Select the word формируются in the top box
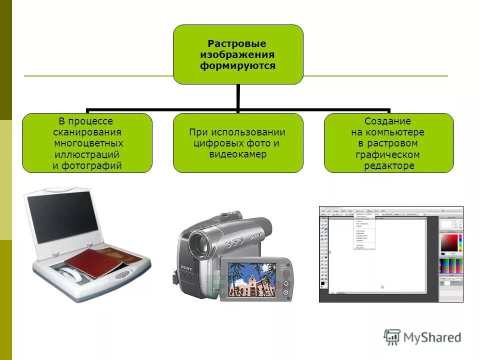click(x=238, y=65)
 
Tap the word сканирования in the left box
click(x=87, y=132)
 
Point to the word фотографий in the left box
click(x=87, y=165)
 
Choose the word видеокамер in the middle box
click(x=238, y=154)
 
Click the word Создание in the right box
click(x=388, y=121)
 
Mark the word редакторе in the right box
click(x=389, y=165)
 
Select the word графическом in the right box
click(x=388, y=154)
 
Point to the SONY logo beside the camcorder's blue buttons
click(x=256, y=235)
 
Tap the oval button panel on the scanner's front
click(x=121, y=274)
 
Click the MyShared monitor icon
click(x=392, y=336)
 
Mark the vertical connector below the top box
click(x=238, y=97)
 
